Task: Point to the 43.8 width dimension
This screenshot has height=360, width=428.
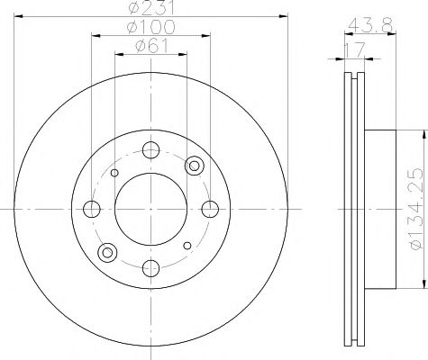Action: (x=364, y=28)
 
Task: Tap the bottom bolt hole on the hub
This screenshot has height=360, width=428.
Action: (x=150, y=267)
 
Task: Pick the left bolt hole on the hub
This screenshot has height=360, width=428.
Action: (x=91, y=210)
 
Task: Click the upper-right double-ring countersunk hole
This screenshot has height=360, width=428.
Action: (x=192, y=166)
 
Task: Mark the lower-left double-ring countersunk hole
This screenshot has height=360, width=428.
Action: (x=108, y=253)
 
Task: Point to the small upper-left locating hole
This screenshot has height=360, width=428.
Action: (x=114, y=173)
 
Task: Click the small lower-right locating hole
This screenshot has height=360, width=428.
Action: (x=186, y=246)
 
